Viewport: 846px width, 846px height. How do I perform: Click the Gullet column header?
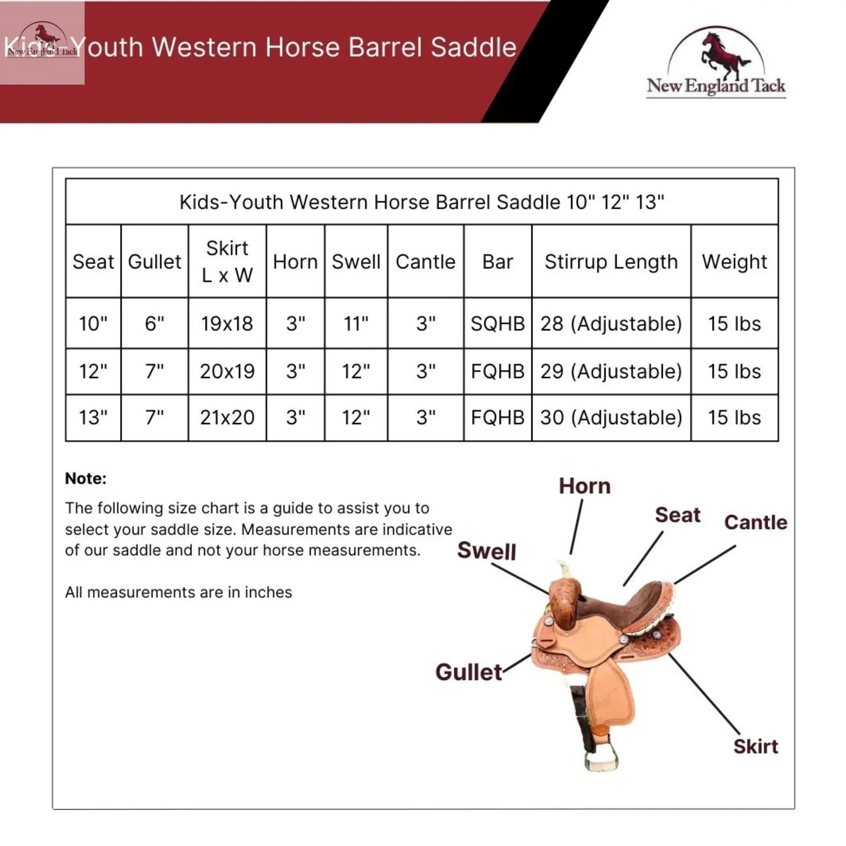point(154,262)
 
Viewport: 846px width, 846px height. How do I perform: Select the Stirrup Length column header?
point(611,262)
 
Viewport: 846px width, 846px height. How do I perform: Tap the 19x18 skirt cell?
point(227,324)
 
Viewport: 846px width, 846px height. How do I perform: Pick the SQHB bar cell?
point(498,324)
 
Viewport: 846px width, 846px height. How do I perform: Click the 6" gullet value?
point(154,324)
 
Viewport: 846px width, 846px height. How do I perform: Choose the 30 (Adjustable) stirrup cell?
point(611,418)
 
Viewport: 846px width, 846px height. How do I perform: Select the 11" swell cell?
point(356,324)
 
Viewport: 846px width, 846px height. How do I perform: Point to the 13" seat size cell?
point(93,418)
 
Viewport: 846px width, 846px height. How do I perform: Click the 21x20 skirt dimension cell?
point(227,418)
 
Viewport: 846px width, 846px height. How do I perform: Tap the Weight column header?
point(735,262)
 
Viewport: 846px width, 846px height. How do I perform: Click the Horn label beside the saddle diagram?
point(585,486)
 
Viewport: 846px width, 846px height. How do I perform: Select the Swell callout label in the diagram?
point(486,550)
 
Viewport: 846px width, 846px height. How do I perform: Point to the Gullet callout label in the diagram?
point(469,672)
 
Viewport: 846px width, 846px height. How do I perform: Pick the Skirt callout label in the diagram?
point(756,747)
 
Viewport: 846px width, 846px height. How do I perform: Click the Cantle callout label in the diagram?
point(756,522)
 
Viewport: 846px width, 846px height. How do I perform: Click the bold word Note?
point(86,478)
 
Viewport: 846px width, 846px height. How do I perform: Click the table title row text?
point(422,202)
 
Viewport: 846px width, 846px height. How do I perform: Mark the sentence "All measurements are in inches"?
point(179,593)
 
